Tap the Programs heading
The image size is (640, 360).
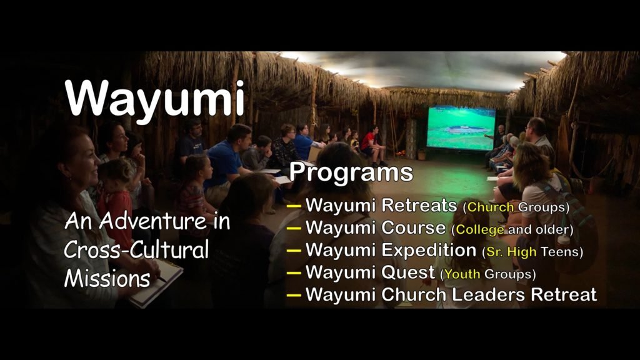pyautogui.click(x=351, y=172)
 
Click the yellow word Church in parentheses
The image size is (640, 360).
pyautogui.click(x=490, y=207)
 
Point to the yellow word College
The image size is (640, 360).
pyautogui.click(x=479, y=230)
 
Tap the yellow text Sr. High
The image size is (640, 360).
pyautogui.click(x=511, y=252)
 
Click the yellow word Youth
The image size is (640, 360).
pyautogui.click(x=462, y=274)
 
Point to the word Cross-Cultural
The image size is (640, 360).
pyautogui.click(x=136, y=249)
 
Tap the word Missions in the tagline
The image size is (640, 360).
pyautogui.click(x=107, y=278)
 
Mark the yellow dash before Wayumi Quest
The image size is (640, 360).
pyautogui.click(x=294, y=272)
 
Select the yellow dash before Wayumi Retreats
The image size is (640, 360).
pyautogui.click(x=294, y=206)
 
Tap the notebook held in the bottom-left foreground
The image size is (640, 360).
pyautogui.click(x=156, y=283)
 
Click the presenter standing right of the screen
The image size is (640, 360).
pyautogui.click(x=498, y=137)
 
